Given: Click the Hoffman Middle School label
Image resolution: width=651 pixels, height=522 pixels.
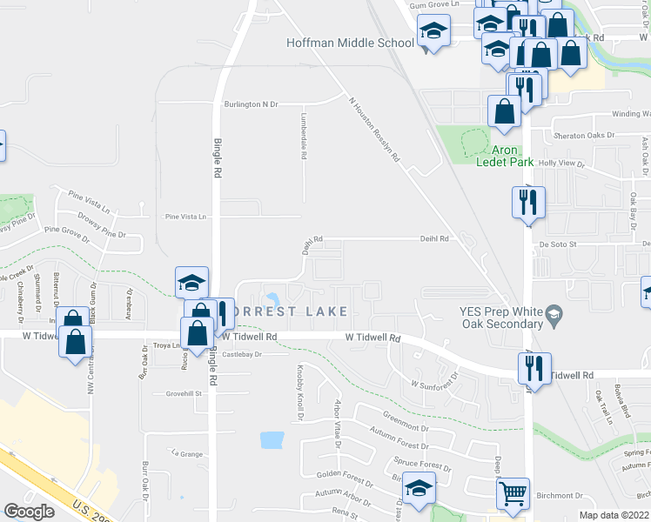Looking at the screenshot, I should tap(351, 43).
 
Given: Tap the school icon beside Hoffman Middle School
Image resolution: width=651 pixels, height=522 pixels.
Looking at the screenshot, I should tap(433, 33).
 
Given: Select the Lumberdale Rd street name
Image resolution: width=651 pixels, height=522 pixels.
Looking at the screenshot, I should tap(305, 137).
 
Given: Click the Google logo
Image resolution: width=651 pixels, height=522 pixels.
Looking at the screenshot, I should tap(29, 512).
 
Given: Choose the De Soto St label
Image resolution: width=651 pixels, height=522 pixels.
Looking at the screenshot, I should tap(558, 245).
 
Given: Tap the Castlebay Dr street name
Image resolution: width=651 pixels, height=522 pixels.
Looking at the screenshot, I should tap(242, 354).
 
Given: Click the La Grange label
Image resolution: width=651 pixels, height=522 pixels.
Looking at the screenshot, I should tap(187, 452).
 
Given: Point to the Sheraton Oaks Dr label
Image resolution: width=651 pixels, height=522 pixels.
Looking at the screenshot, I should tap(585, 136).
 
